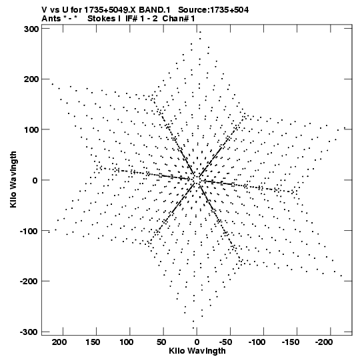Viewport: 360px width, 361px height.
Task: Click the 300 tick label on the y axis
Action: [31, 29]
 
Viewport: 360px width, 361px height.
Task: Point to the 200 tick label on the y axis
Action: [31, 79]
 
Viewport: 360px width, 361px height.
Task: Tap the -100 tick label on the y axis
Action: [29, 231]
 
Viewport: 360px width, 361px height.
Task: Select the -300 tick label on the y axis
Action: [29, 332]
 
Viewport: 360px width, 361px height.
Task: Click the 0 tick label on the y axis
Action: [35, 180]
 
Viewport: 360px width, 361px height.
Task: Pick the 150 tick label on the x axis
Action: [93, 342]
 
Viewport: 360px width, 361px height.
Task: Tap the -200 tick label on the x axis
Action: [324, 342]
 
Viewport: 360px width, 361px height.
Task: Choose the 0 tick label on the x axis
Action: [197, 342]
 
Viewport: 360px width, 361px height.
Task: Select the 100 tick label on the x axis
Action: [127, 342]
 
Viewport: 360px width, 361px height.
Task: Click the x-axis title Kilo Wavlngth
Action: [197, 351]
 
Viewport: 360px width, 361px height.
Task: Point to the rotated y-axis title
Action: [13, 179]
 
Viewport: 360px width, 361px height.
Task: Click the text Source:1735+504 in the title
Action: [213, 10]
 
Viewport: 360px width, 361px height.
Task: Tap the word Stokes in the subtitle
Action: [102, 19]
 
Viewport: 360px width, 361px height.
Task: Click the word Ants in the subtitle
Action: [51, 19]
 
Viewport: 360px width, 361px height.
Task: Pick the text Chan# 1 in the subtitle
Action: [179, 19]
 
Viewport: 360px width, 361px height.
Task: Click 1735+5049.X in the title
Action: [110, 10]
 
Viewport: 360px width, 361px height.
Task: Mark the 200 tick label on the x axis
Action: [59, 342]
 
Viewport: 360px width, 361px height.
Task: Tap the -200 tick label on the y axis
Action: [29, 282]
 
